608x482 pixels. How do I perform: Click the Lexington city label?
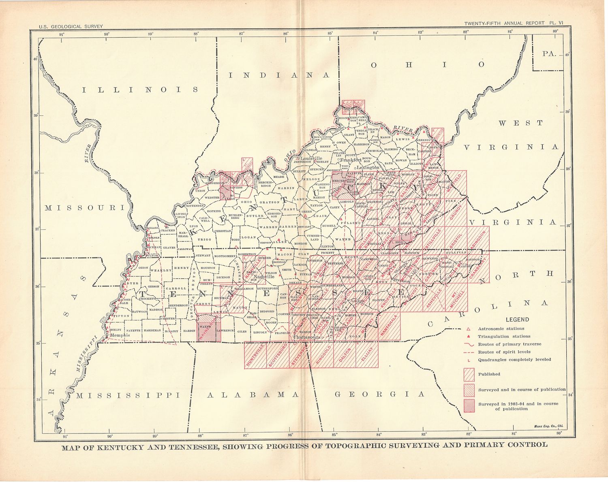(368, 167)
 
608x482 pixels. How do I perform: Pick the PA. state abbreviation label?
(550, 54)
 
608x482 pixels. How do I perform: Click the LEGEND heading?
(517, 320)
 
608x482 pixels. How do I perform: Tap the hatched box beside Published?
(469, 374)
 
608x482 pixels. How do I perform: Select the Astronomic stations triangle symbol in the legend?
(468, 329)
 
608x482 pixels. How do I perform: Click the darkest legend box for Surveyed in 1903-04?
(469, 406)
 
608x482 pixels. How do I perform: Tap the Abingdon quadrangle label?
(480, 241)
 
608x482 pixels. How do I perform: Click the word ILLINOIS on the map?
(140, 90)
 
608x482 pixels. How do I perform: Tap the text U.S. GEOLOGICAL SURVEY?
(71, 27)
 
